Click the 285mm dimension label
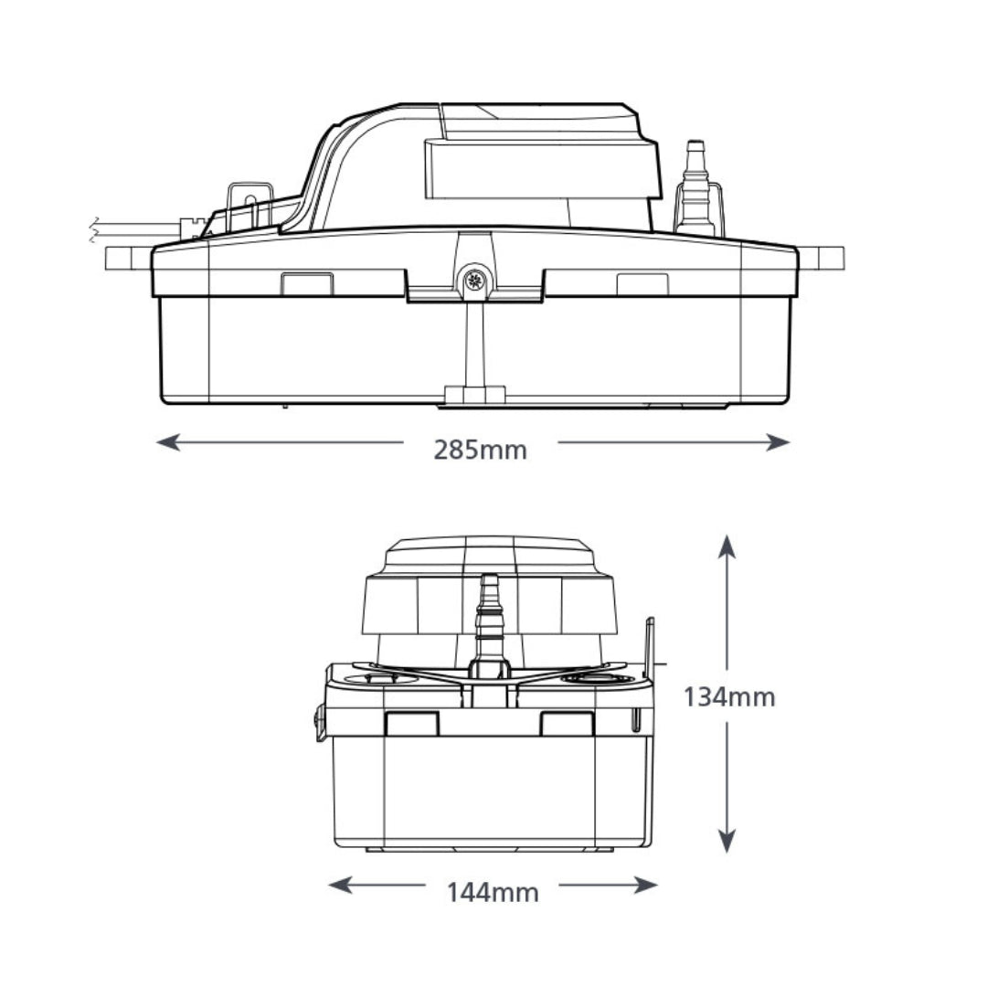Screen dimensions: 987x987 tap(480, 450)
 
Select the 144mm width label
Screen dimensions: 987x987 tap(493, 891)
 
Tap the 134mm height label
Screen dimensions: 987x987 tap(729, 697)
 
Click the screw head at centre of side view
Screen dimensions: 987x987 tap(474, 281)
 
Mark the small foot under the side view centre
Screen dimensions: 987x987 tap(474, 395)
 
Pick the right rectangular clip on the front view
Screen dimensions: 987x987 tap(568, 724)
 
